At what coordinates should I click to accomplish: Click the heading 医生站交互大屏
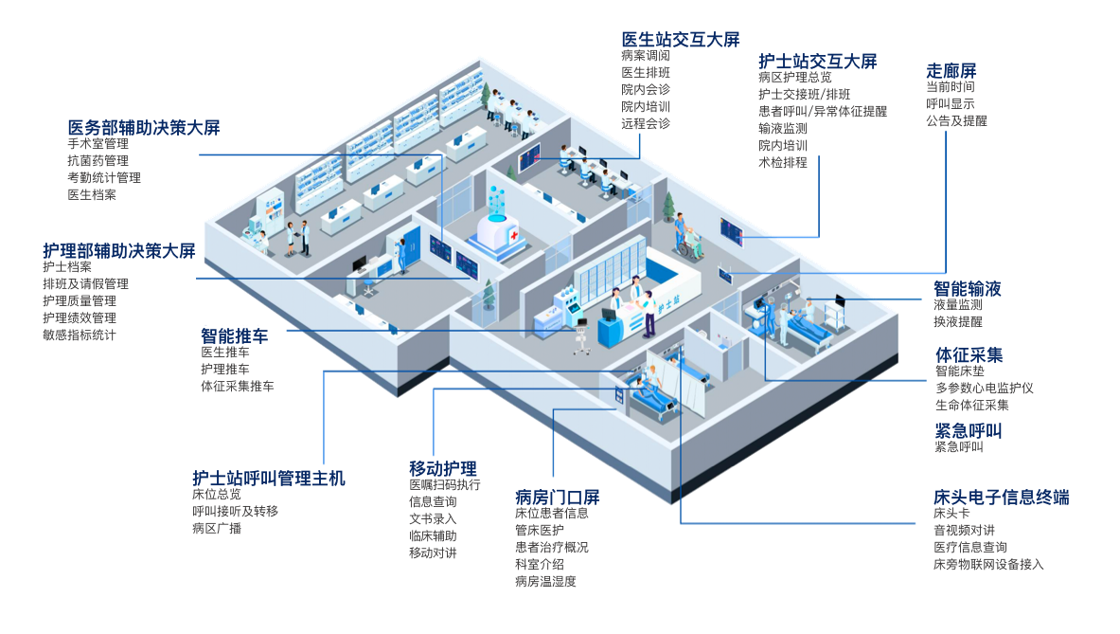(x=680, y=39)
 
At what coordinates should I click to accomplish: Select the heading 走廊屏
(x=951, y=70)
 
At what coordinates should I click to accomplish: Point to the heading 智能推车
(x=234, y=335)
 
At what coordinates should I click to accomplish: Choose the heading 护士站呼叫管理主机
(x=269, y=478)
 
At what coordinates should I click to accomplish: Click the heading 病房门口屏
(x=558, y=497)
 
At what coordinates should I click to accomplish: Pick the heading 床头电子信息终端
(x=1001, y=497)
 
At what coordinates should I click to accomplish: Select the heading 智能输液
(x=968, y=288)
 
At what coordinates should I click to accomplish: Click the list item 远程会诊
(x=646, y=124)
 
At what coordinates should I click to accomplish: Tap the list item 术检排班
(x=783, y=163)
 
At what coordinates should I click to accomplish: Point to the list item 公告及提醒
(x=956, y=121)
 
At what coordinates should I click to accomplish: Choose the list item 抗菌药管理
(x=98, y=161)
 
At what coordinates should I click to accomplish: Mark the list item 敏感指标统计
(x=80, y=335)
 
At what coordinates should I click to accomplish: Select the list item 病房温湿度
(x=545, y=582)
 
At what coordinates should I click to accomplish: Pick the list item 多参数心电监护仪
(x=984, y=389)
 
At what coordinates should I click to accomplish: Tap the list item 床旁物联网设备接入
(x=988, y=565)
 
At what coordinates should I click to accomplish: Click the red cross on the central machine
(x=512, y=234)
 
